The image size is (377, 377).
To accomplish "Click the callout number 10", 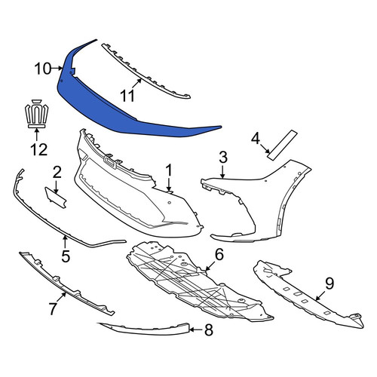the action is click(43, 69).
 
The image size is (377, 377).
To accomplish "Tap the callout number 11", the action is click(127, 96).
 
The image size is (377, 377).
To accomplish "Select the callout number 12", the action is click(39, 149).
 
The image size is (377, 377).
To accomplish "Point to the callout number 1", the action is click(169, 170).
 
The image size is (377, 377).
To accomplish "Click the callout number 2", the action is click(57, 173).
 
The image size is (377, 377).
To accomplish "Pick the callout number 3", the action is click(223, 157).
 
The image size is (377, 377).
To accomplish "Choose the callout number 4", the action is click(256, 139).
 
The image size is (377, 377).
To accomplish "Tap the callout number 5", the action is click(66, 256).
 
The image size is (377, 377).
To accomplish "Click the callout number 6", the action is click(219, 254).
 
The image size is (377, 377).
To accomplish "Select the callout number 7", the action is click(52, 308).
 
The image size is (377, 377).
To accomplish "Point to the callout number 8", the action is click(209, 329).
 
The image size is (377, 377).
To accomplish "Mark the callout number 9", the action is click(329, 284).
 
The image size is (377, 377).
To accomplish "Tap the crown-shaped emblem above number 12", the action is click(37, 113).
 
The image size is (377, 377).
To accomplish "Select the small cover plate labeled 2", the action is click(55, 198).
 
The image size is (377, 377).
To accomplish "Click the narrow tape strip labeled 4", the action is click(282, 145).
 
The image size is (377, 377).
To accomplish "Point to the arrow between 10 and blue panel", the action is click(57, 68).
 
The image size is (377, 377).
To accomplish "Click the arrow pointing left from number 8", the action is click(196, 329).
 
